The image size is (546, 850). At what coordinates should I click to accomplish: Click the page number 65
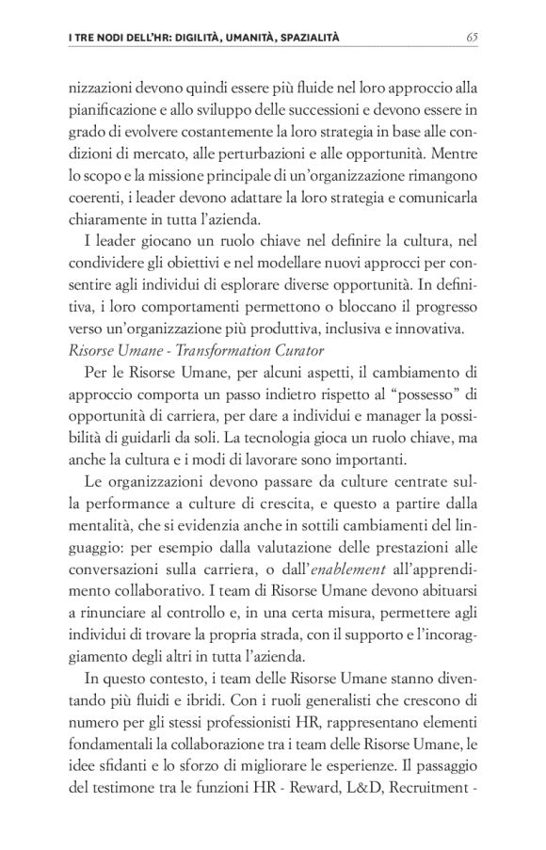click(473, 38)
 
